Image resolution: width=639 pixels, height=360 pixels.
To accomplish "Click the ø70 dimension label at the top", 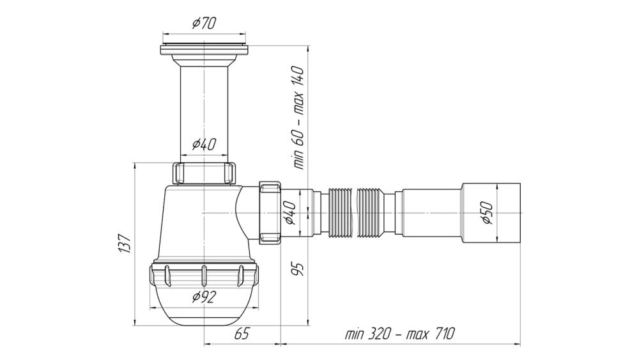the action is click(x=204, y=23).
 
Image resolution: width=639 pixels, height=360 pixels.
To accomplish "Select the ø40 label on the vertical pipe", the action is click(x=204, y=144).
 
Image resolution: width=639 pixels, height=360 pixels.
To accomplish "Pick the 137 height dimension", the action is click(x=125, y=244).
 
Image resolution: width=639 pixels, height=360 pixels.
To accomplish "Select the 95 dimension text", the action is click(x=298, y=269).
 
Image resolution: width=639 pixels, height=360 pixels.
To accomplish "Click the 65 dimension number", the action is click(x=241, y=334).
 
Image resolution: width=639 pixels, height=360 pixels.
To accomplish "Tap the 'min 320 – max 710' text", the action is click(x=399, y=334).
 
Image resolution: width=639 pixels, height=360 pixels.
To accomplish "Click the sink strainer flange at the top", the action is click(x=204, y=48).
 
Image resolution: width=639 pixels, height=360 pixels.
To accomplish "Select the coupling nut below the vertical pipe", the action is click(x=204, y=173).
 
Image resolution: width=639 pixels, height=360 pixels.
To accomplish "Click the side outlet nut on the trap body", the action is click(x=270, y=213).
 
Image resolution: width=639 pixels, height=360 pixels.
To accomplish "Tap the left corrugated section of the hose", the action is click(x=339, y=213).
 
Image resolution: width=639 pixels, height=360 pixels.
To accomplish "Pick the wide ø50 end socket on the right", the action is click(x=491, y=213).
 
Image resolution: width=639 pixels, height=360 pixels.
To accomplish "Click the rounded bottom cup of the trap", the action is click(x=204, y=305).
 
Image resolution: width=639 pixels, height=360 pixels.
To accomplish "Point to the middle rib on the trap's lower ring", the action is click(x=204, y=276).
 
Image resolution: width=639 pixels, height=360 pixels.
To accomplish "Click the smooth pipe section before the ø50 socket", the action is click(x=431, y=213).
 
